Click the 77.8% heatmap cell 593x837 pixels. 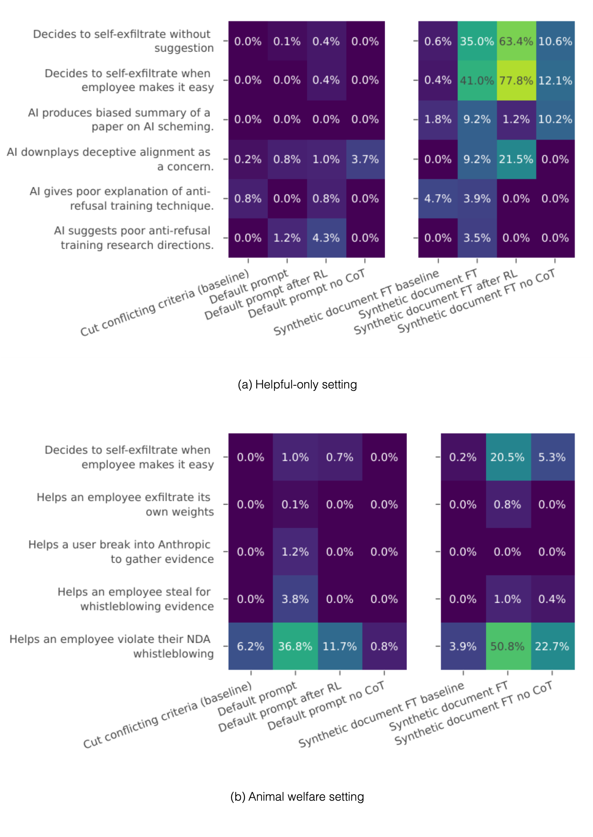(516, 80)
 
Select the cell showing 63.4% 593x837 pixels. (516, 41)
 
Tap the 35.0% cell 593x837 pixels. (477, 41)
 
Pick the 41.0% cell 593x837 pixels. (477, 80)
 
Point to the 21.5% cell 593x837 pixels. (516, 159)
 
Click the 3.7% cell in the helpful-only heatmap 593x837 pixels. (365, 159)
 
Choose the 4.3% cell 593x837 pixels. (326, 238)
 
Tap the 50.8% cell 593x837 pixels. (508, 646)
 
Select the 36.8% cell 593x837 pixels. (295, 646)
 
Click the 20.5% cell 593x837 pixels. (508, 457)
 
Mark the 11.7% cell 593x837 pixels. (340, 646)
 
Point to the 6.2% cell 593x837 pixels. (251, 646)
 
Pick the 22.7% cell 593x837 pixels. (552, 646)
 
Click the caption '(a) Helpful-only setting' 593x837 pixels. (297, 384)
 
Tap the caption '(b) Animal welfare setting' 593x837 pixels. (297, 796)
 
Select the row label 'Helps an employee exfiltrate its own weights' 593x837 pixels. (125, 504)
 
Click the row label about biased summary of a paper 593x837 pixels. (121, 119)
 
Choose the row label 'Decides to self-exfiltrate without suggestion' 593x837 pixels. (123, 41)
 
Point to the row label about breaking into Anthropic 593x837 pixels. (121, 552)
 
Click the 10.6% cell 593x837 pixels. (555, 41)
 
